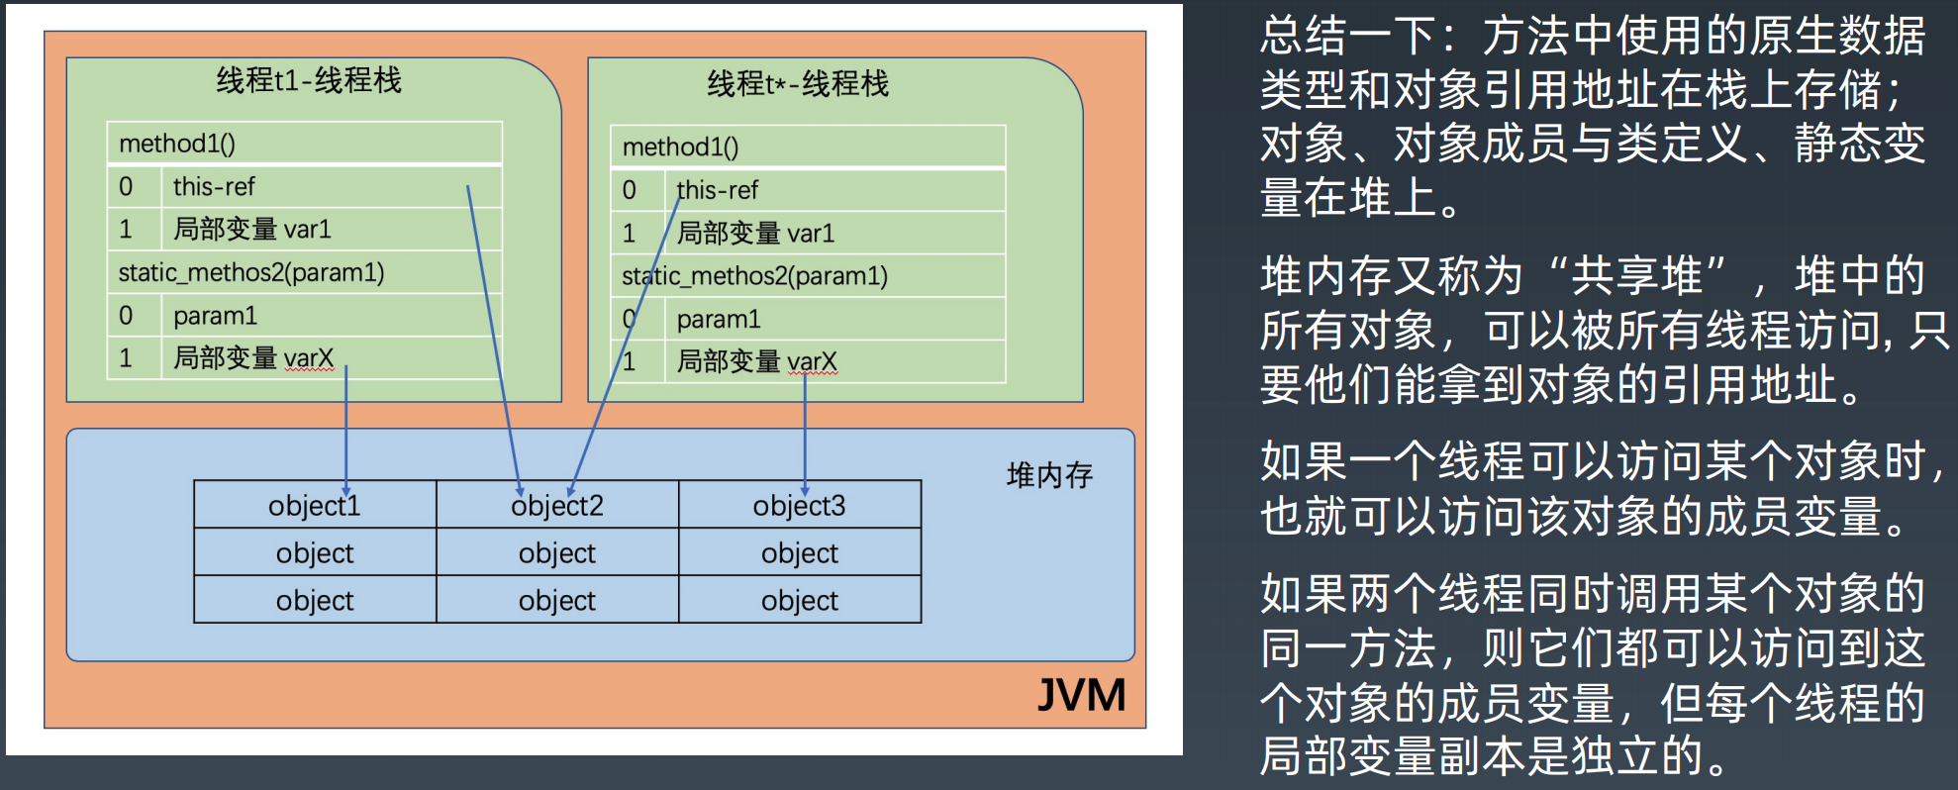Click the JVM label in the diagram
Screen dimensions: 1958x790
click(x=1081, y=695)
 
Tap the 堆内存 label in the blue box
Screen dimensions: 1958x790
click(x=1049, y=476)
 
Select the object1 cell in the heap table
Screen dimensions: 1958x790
click(x=315, y=506)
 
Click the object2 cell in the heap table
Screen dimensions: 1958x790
click(x=557, y=506)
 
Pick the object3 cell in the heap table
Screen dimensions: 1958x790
click(x=800, y=506)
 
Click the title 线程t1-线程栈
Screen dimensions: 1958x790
click(x=309, y=80)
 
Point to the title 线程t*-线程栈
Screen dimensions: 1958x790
click(x=798, y=84)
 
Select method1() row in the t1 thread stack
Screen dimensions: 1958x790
click(x=178, y=144)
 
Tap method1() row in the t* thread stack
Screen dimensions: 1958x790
click(x=681, y=148)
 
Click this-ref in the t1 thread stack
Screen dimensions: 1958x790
click(x=214, y=186)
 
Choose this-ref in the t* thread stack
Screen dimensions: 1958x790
click(x=718, y=190)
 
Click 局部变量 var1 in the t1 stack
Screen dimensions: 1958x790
click(x=252, y=230)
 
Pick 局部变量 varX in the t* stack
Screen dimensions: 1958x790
click(x=756, y=362)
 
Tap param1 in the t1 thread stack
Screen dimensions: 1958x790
click(x=215, y=316)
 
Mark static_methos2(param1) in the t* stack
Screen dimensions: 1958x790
click(x=754, y=276)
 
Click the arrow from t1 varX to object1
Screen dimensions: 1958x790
click(x=345, y=426)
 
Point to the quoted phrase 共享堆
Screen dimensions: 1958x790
click(x=1637, y=275)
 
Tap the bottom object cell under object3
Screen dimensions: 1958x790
click(x=800, y=600)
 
